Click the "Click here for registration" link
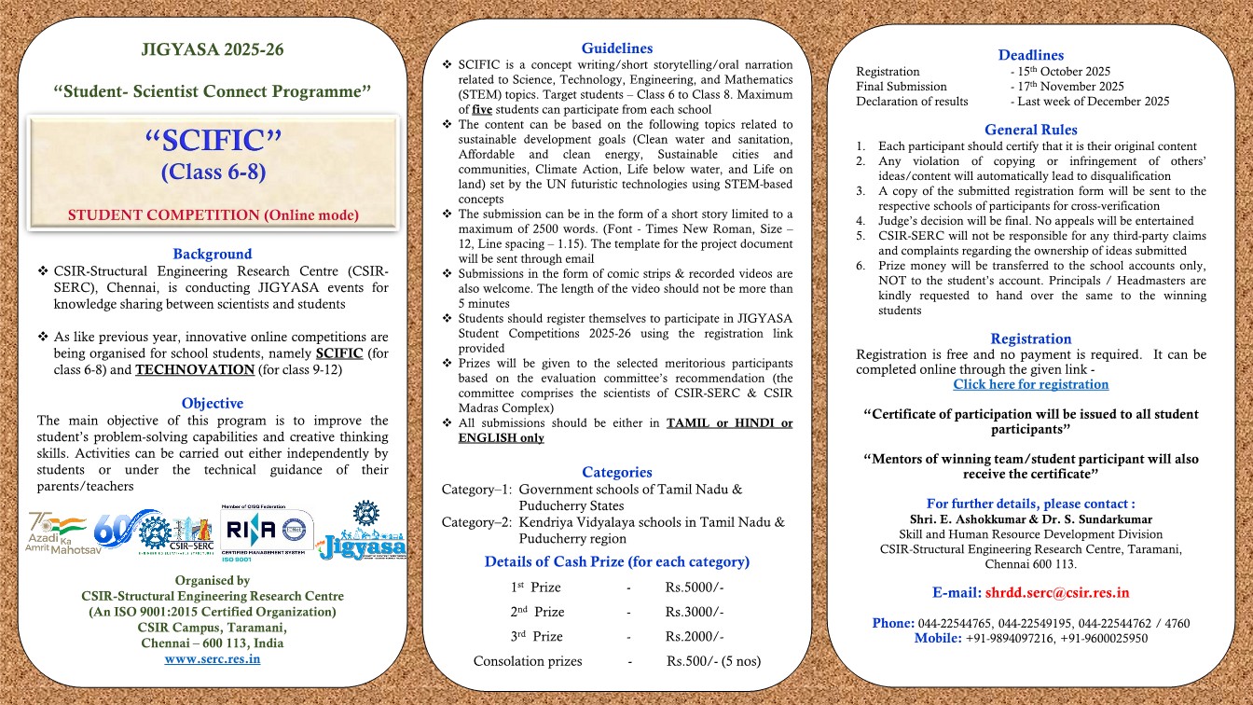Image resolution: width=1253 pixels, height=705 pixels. (x=1030, y=384)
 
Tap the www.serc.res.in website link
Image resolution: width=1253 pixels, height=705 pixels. (x=213, y=658)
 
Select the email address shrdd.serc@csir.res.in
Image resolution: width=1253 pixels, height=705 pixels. (x=1057, y=592)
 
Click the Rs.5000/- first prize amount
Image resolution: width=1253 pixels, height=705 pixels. (x=695, y=587)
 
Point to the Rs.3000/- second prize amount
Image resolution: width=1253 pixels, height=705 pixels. (x=695, y=612)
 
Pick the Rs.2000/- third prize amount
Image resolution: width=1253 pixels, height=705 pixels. (x=695, y=636)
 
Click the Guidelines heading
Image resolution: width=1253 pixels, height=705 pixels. (x=616, y=48)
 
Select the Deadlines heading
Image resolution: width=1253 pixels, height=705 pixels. (x=1030, y=55)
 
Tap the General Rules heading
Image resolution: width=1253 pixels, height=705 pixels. (x=1030, y=130)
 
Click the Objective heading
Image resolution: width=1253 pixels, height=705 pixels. (x=213, y=403)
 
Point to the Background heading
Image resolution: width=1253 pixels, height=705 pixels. (x=213, y=254)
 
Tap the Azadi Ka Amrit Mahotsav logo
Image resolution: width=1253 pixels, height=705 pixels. (x=57, y=532)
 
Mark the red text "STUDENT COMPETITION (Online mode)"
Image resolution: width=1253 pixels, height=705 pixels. (x=213, y=215)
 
